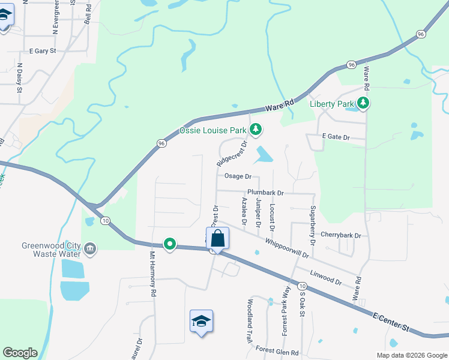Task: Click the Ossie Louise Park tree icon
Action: point(256,129)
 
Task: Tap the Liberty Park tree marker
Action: point(363,103)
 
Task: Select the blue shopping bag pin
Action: point(217,238)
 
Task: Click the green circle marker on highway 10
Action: point(170,244)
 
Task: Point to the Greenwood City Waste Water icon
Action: point(89,248)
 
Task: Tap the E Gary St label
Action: point(39,51)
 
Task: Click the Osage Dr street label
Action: point(237,176)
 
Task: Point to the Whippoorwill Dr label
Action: point(286,247)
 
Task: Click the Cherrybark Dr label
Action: point(341,235)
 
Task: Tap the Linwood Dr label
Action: point(325,277)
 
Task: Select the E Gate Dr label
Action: point(336,137)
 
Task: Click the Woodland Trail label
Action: point(250,320)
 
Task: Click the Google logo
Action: point(20,353)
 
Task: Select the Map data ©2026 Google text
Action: point(411,355)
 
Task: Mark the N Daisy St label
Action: point(20,78)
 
